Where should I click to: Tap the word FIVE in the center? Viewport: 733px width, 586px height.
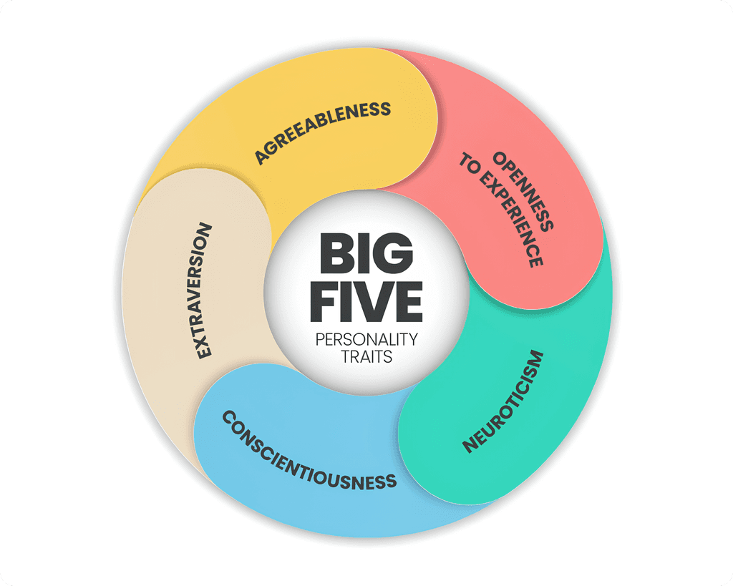[x=366, y=301]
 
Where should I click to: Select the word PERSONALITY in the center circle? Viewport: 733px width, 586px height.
[x=366, y=339]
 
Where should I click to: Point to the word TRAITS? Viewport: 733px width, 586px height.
[x=366, y=356]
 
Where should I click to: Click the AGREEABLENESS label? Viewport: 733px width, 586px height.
[x=323, y=132]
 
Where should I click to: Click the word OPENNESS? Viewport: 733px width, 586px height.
[x=523, y=190]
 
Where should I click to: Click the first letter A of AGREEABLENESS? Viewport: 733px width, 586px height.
[x=262, y=157]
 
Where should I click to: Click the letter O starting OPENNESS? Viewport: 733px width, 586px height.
[x=500, y=158]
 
